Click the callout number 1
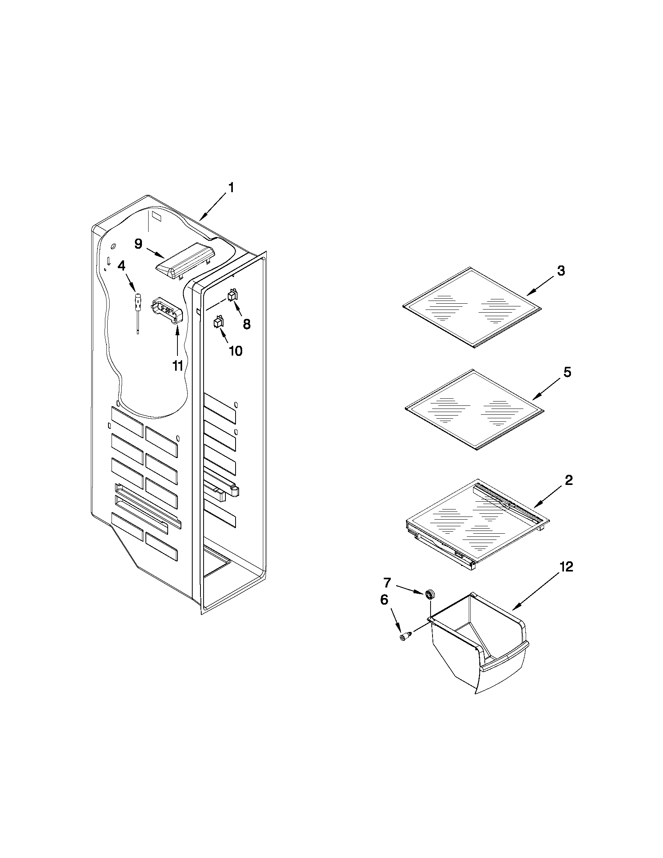pos(231,188)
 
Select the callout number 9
pos(138,244)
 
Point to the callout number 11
pos(177,366)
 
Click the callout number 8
pos(246,324)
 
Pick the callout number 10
pos(236,351)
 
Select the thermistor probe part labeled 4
pos(138,303)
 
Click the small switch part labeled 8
pos(233,295)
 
